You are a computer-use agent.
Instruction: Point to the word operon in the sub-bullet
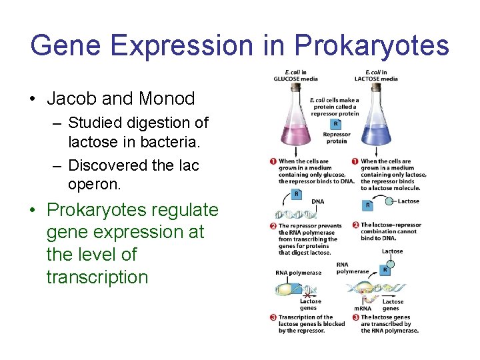(97, 183)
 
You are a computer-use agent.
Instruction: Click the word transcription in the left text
(97, 277)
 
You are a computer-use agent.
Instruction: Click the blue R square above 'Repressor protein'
(336, 124)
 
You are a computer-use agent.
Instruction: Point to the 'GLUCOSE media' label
(295, 79)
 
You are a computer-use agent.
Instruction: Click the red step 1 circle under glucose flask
(273, 161)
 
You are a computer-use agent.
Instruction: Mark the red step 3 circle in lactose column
(356, 317)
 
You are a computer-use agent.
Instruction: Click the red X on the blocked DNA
(307, 293)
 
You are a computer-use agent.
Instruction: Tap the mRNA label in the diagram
(363, 308)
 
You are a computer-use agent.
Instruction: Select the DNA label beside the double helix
(318, 201)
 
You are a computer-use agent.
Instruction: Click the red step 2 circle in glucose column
(273, 226)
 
